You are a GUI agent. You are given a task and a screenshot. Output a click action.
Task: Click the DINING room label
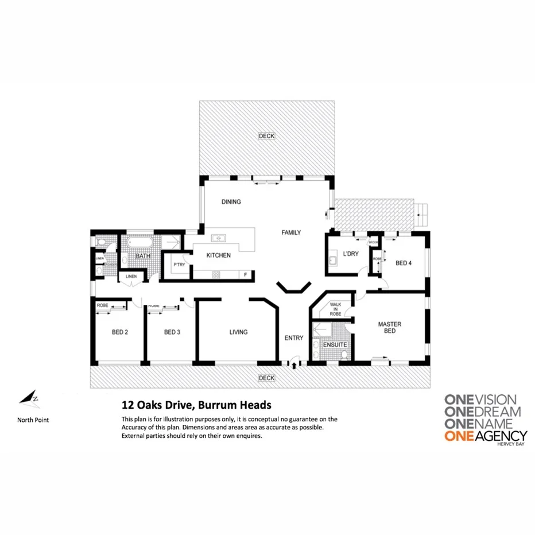coord(231,202)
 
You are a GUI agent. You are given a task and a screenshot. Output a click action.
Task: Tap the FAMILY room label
coord(291,232)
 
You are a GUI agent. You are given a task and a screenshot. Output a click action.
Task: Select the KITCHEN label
coord(219,255)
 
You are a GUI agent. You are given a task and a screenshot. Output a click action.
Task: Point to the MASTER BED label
coord(390,328)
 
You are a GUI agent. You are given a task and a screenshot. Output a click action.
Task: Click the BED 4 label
coord(404,263)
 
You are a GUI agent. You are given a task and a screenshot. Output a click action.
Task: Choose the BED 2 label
coord(119,332)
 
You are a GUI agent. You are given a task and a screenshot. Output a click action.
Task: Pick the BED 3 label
coord(173,332)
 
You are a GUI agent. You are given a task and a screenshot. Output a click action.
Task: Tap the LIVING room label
coord(238,332)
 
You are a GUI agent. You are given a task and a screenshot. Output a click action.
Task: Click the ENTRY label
coord(294,338)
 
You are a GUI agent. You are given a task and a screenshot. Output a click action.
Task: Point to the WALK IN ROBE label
coord(336,311)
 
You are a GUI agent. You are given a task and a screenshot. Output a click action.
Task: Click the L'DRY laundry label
coord(351,254)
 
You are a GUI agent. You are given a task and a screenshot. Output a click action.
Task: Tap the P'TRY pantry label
coord(179,265)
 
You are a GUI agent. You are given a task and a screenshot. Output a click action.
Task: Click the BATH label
coord(142,256)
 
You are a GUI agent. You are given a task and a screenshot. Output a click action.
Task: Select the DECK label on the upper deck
coord(266,136)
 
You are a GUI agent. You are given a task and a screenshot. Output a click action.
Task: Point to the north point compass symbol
coord(29,397)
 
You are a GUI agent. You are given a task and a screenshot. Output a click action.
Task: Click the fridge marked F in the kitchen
coord(246,274)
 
